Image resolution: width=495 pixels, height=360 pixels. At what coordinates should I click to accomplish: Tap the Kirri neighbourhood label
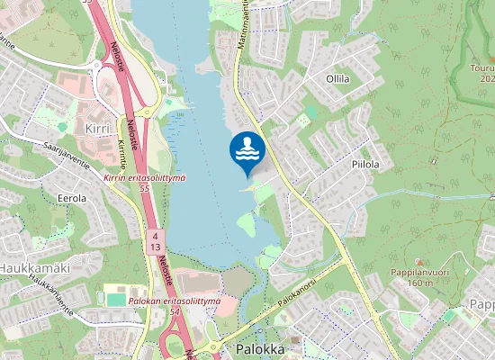click(x=96, y=129)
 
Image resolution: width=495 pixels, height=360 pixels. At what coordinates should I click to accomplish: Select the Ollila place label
click(x=337, y=79)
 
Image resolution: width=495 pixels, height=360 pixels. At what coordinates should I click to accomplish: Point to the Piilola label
click(x=364, y=165)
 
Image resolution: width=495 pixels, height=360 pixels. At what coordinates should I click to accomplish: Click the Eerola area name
click(x=71, y=197)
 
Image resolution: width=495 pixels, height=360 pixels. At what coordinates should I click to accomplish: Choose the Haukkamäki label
click(x=34, y=268)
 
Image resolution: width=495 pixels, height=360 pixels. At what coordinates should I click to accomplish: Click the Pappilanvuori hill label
click(x=419, y=272)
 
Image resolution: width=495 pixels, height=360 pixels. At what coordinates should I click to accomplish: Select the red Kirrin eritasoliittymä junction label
click(x=145, y=178)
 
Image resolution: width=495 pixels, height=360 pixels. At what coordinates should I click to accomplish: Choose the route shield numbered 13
click(x=155, y=247)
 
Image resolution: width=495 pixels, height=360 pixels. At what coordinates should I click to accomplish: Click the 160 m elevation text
click(x=419, y=283)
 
